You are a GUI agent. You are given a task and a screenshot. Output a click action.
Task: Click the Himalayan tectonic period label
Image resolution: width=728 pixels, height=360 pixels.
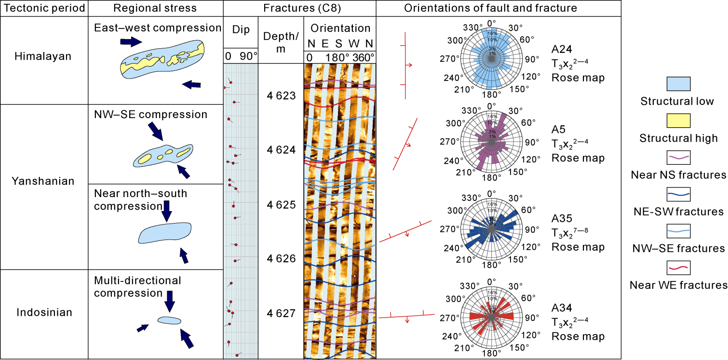coord(44,56)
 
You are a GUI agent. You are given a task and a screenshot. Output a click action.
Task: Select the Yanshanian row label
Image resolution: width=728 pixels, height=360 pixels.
coord(44,181)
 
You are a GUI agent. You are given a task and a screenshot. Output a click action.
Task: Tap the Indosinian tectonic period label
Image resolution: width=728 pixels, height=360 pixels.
coord(44,312)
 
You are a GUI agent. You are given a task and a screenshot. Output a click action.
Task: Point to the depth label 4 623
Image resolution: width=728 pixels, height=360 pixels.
coord(281,96)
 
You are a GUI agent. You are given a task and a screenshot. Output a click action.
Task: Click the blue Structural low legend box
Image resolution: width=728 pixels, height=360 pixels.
coord(678,84)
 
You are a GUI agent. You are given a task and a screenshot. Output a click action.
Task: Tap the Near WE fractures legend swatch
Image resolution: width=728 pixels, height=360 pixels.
coord(678,267)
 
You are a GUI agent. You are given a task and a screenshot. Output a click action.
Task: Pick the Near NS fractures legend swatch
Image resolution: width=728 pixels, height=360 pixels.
coord(678,157)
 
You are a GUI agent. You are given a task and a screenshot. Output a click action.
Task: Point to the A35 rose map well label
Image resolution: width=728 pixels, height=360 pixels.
coord(562,218)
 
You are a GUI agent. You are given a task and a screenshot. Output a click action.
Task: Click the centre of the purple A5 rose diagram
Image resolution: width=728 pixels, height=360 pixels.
coord(491,142)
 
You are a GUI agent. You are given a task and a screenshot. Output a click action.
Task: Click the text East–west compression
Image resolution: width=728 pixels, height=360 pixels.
coord(158,27)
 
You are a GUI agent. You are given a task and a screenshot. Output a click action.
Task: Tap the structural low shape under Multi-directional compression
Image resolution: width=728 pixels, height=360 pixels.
coord(169,320)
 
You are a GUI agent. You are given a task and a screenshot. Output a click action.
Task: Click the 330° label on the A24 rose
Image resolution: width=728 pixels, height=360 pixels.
coord(470,27)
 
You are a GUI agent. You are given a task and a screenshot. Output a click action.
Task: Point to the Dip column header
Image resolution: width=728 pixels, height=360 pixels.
coord(241,30)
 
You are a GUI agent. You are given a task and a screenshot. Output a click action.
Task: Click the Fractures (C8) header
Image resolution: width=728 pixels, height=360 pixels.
coord(299,8)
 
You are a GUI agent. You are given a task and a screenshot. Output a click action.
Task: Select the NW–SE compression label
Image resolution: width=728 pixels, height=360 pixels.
coord(151,115)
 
